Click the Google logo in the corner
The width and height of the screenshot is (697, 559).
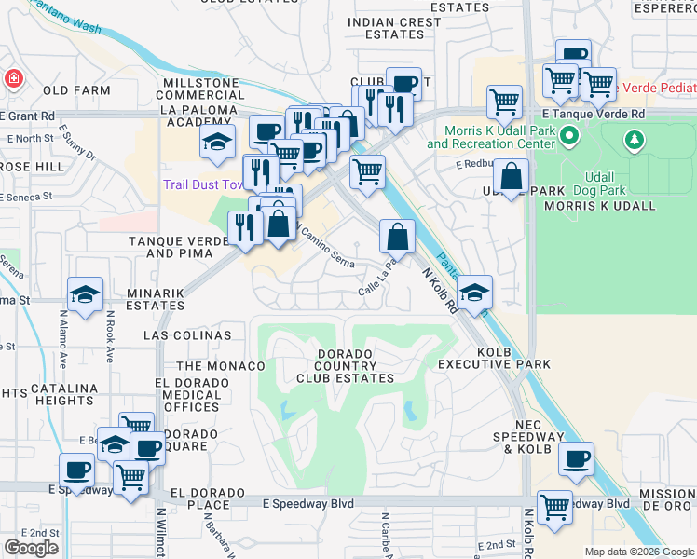tap(31, 548)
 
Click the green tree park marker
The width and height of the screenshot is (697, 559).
tap(635, 140)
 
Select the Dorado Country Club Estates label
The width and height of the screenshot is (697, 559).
tap(345, 366)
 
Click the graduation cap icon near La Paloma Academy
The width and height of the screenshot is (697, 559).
tap(216, 143)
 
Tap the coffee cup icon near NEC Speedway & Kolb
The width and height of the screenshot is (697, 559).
tap(577, 458)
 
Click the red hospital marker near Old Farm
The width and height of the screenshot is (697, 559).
tap(14, 78)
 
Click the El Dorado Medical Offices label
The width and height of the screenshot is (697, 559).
tap(188, 395)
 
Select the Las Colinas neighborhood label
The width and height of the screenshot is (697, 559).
tap(187, 335)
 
